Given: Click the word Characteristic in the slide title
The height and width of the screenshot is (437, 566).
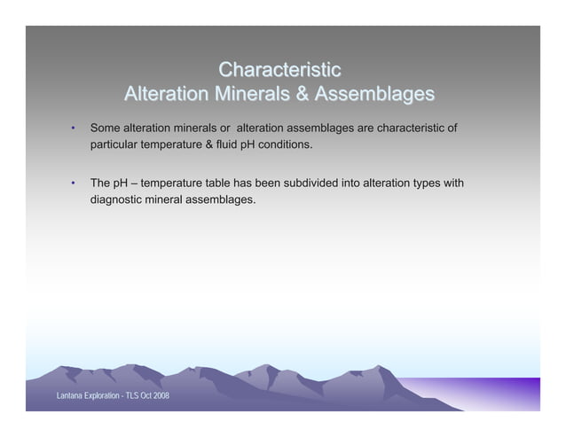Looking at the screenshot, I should click(279, 69).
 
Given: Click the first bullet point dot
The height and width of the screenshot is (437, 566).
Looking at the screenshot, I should click(74, 129).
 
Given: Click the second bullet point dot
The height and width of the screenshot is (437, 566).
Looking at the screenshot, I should click(74, 184).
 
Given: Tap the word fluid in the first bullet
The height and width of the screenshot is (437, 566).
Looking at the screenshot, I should click(232, 144).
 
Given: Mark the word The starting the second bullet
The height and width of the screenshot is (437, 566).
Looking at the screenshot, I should click(101, 183).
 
